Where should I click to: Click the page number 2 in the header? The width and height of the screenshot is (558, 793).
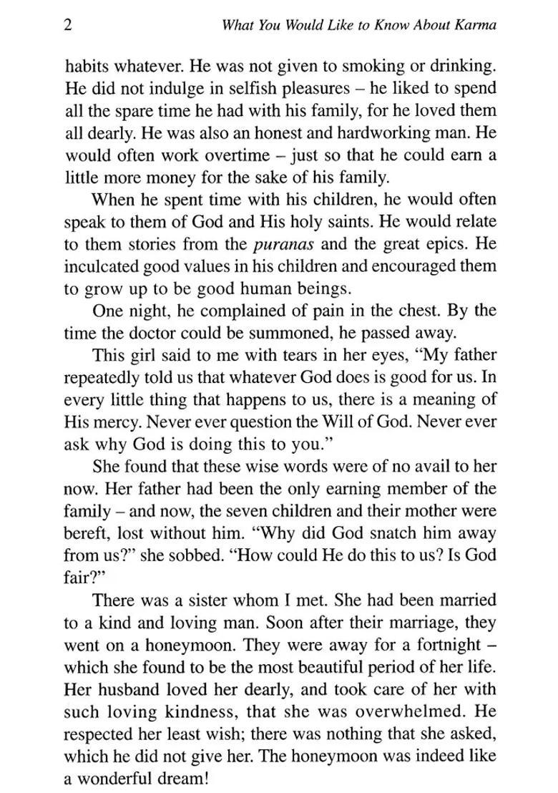68,26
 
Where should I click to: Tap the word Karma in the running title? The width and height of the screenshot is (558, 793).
475,26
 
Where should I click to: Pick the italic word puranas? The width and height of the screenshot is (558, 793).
285,244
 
